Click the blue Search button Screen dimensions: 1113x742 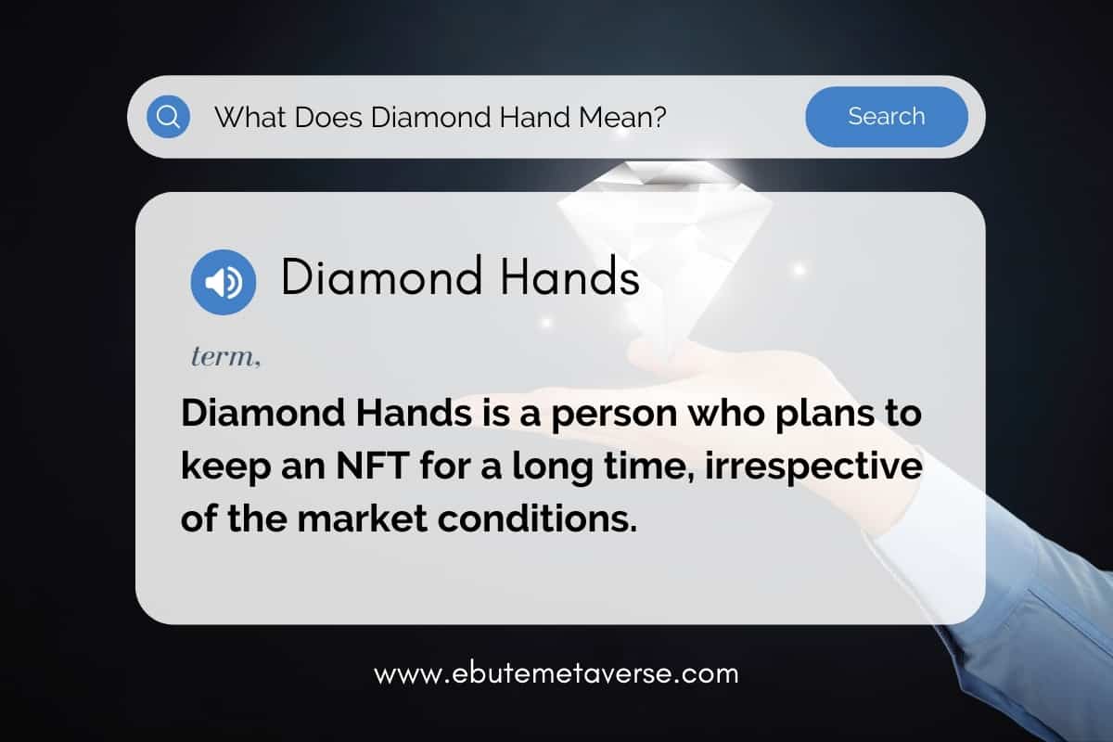[x=887, y=117]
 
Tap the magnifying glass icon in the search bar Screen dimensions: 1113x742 [x=169, y=117]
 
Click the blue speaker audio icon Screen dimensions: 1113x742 [x=224, y=282]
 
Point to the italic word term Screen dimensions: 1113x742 [x=225, y=356]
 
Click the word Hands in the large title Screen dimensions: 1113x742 [x=569, y=276]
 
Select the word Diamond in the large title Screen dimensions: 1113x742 [x=381, y=276]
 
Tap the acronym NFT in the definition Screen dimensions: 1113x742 [x=373, y=466]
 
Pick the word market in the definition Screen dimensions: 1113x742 [x=363, y=518]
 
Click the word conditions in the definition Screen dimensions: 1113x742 [x=537, y=518]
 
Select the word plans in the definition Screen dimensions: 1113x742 [x=824, y=415]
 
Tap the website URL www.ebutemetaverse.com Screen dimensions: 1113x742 [x=556, y=674]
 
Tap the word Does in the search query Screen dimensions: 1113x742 [x=328, y=117]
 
